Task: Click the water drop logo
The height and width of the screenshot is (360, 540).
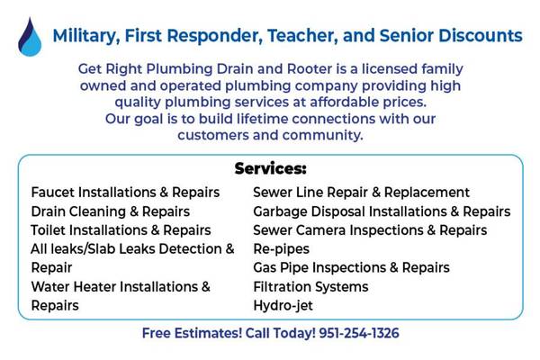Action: pyautogui.click(x=30, y=37)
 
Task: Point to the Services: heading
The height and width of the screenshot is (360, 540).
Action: pyautogui.click(x=270, y=169)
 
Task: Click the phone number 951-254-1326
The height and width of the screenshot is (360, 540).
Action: pyautogui.click(x=359, y=333)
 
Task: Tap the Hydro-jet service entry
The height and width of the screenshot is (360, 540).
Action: pyautogui.click(x=283, y=306)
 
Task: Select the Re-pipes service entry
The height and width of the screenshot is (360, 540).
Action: pyautogui.click(x=282, y=249)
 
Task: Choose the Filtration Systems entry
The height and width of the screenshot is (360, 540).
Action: pyautogui.click(x=311, y=287)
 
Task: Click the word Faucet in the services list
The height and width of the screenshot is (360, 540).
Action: pyautogui.click(x=53, y=193)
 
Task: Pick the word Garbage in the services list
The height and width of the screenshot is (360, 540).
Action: pyautogui.click(x=280, y=211)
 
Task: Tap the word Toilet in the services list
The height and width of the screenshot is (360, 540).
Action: pyautogui.click(x=48, y=230)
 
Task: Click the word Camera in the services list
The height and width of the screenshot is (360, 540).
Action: pyautogui.click(x=316, y=230)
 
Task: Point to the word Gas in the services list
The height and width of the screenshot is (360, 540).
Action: pyautogui.click(x=265, y=267)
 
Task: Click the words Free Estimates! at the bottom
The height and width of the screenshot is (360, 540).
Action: pyautogui.click(x=193, y=333)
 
